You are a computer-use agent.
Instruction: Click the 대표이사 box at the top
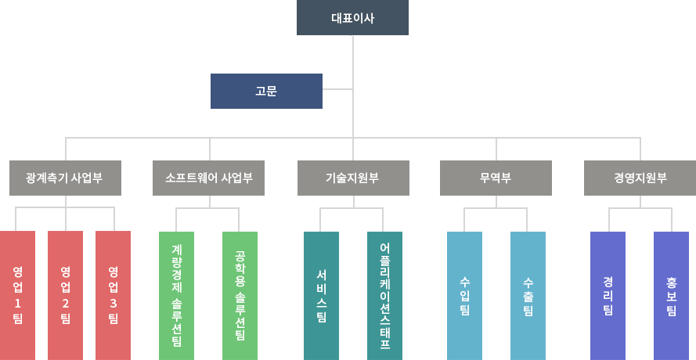click(x=352, y=18)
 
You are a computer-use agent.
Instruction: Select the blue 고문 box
click(x=266, y=91)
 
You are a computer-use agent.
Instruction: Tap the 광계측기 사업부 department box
click(x=65, y=178)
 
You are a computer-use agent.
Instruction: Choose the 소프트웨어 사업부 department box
click(x=208, y=178)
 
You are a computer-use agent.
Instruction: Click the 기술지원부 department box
click(x=352, y=178)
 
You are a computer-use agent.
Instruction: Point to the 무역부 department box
click(x=496, y=178)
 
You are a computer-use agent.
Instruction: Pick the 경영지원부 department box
click(x=640, y=178)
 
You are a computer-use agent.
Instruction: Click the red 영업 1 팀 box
click(x=18, y=295)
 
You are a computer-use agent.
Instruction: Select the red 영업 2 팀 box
click(x=65, y=295)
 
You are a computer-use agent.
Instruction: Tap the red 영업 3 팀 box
click(x=113, y=295)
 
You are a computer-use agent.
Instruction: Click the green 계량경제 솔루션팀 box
click(x=176, y=295)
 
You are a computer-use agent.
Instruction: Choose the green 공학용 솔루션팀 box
click(x=240, y=295)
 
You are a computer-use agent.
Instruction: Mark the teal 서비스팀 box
click(x=321, y=295)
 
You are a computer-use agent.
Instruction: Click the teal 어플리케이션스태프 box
click(x=384, y=295)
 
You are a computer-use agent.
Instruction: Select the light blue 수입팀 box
click(x=464, y=295)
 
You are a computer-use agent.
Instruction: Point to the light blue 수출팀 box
click(x=528, y=295)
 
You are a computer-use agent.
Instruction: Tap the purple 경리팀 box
click(x=608, y=295)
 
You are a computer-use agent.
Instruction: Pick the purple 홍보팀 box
click(x=671, y=295)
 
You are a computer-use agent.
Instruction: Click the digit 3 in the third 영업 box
click(x=113, y=304)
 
